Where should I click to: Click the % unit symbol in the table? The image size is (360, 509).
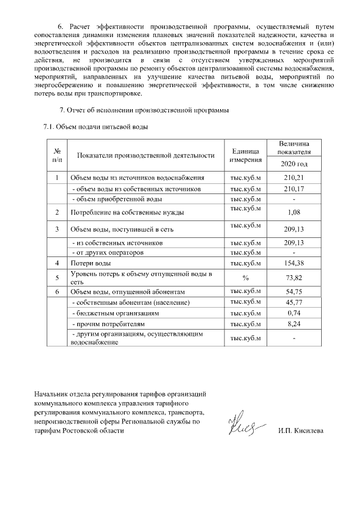click(245, 278)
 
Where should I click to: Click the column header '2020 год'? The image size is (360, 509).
click(294, 164)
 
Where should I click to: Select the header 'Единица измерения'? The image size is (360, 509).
click(245, 156)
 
